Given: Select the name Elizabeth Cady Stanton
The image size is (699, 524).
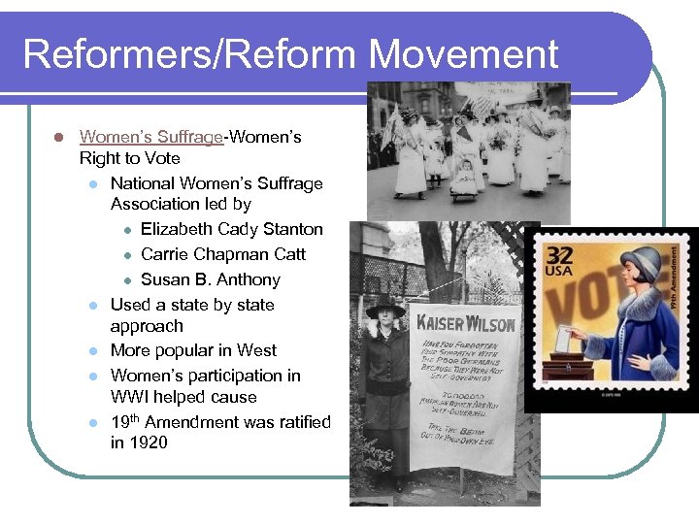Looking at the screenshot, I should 232,229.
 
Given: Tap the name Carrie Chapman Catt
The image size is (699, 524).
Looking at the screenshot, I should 223,254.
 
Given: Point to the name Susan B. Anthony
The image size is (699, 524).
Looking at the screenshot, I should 211,279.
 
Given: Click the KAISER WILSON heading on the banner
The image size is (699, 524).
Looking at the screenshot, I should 466,322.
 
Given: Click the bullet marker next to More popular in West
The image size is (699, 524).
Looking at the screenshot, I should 90,351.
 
